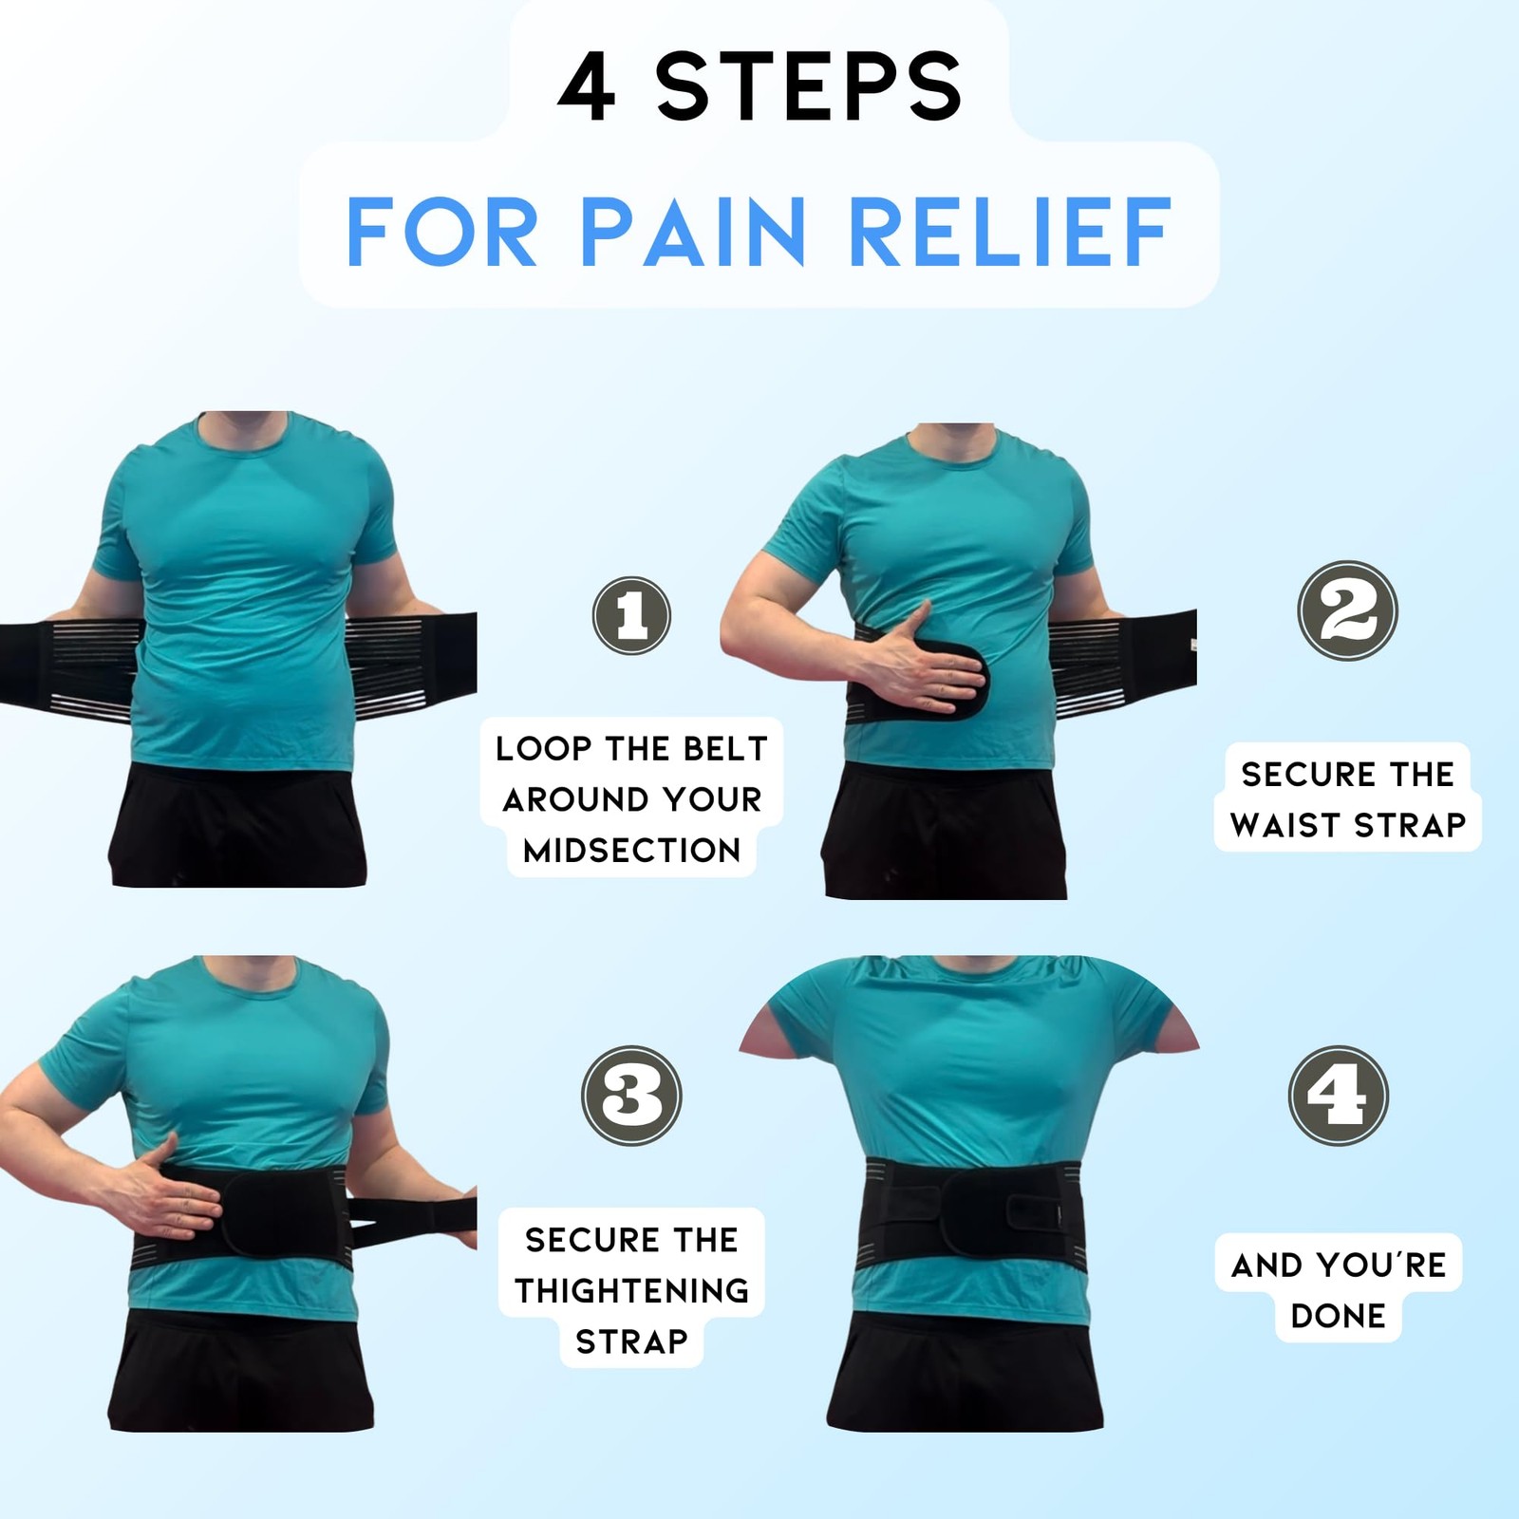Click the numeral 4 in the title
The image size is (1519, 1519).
coord(587,87)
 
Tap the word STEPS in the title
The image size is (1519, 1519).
coord(809,87)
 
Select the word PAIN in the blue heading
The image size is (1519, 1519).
coord(692,232)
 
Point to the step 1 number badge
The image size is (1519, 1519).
coord(631,615)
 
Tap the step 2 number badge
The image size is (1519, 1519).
coord(1347,610)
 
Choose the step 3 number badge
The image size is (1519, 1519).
coord(631,1095)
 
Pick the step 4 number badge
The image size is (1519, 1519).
coord(1339,1095)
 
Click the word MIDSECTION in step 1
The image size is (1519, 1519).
coord(631,851)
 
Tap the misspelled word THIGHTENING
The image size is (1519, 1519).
coord(631,1290)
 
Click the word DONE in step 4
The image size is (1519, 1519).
coord(1339,1316)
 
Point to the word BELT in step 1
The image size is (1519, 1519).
coord(724,749)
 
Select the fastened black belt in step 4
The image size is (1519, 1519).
coord(969,1212)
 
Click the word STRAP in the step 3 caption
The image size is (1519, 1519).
coord(631,1341)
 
